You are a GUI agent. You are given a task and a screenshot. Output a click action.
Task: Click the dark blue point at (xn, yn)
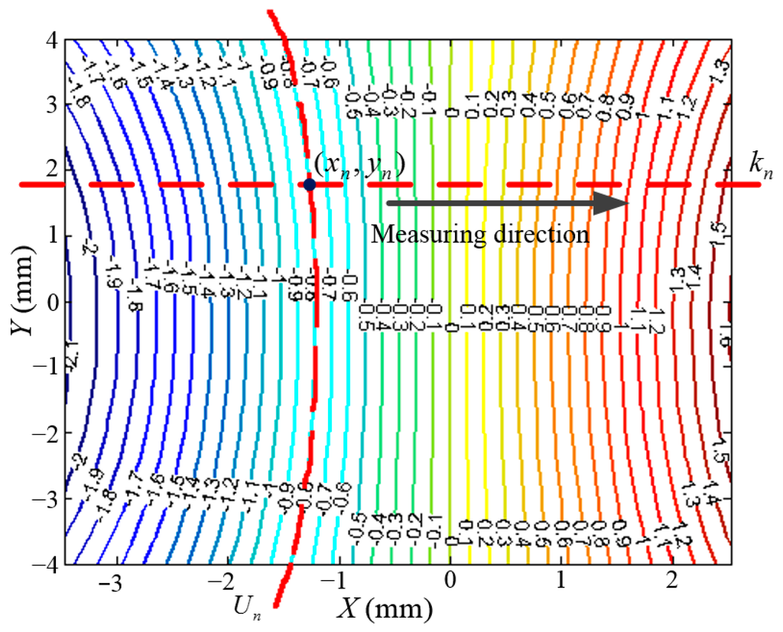coord(310,184)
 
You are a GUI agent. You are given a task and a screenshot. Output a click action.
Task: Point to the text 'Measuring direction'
coord(480,234)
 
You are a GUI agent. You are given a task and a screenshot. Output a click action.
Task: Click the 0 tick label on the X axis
coord(450,585)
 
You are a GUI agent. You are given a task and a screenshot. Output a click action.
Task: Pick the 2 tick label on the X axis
coord(673,585)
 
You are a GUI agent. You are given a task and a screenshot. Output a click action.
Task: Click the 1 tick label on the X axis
coord(562,585)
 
